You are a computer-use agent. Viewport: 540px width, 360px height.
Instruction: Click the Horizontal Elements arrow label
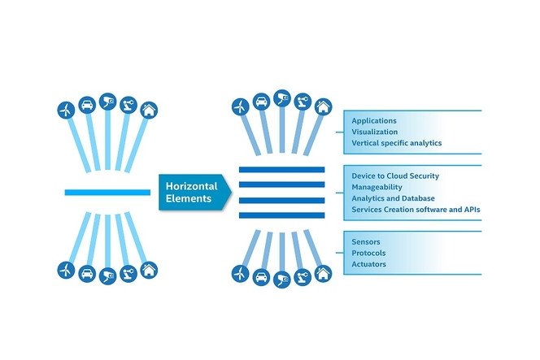194,193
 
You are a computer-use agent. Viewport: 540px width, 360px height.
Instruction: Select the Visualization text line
375,131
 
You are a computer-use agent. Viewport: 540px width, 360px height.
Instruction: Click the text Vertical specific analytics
396,143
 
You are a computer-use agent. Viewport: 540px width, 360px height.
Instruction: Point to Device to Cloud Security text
396,176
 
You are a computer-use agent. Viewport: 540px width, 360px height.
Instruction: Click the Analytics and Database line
393,197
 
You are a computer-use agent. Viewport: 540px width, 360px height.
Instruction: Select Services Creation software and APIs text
416,210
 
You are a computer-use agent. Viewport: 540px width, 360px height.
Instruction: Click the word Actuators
369,264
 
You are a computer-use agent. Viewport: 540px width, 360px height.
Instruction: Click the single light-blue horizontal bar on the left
107,193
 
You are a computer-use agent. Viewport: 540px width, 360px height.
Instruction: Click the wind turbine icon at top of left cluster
65,110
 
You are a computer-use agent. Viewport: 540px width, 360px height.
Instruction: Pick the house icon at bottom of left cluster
148,269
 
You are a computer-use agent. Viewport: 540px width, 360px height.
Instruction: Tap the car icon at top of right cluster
261,102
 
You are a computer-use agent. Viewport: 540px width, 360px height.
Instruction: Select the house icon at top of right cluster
323,106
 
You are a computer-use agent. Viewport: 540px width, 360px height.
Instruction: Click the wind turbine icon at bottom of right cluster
240,273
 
